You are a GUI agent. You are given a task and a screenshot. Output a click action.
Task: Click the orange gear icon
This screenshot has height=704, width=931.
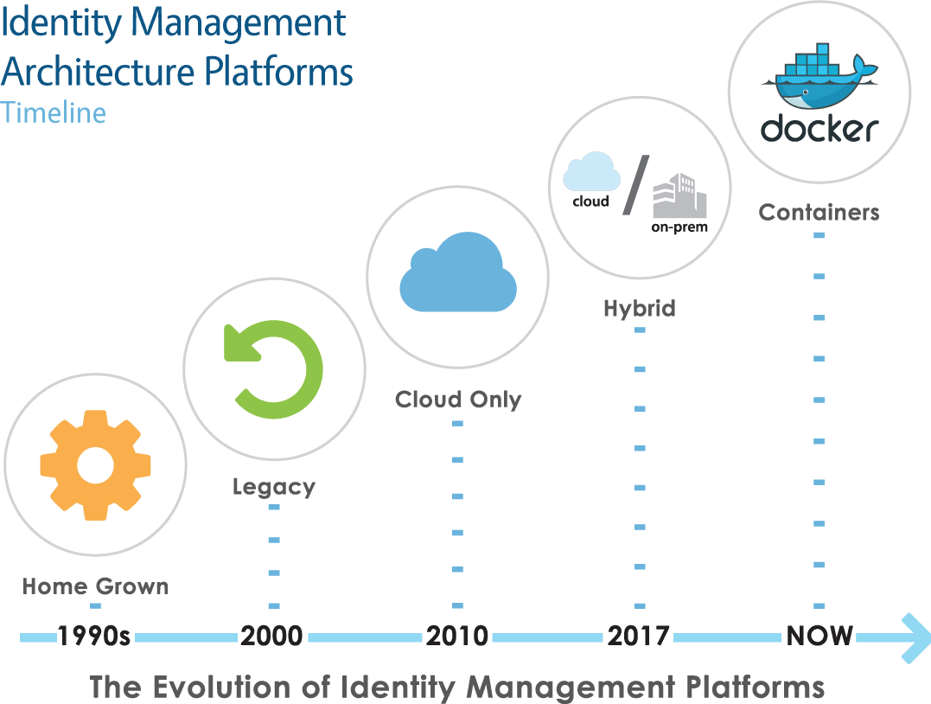95,464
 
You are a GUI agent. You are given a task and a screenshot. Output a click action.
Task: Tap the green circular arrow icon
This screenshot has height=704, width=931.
274,371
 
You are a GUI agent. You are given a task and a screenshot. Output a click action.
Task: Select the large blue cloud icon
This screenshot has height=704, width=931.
457,272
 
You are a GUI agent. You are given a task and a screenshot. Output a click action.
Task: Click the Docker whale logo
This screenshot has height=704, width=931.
819,80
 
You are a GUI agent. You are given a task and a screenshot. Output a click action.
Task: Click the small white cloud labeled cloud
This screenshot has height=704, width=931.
591,171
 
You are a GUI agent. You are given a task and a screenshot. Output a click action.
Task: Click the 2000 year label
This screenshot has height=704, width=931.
272,637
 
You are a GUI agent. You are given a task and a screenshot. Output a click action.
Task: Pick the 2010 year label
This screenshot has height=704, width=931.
456,637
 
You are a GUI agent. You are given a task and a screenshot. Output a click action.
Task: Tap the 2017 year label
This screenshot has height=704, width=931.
638,637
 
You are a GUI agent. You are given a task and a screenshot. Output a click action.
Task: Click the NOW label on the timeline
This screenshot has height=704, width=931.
819,637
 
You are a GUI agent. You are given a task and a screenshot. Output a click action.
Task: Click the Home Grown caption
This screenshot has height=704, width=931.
95,586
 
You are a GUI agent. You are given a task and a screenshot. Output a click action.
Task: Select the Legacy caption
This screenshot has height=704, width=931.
273,487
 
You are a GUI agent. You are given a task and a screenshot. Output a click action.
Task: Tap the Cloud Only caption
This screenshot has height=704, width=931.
458,399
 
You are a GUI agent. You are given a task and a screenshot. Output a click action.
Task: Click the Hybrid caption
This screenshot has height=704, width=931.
640,308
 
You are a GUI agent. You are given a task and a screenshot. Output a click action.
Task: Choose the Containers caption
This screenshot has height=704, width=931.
819,212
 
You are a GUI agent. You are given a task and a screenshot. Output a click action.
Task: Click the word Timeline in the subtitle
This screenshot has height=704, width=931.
54,112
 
